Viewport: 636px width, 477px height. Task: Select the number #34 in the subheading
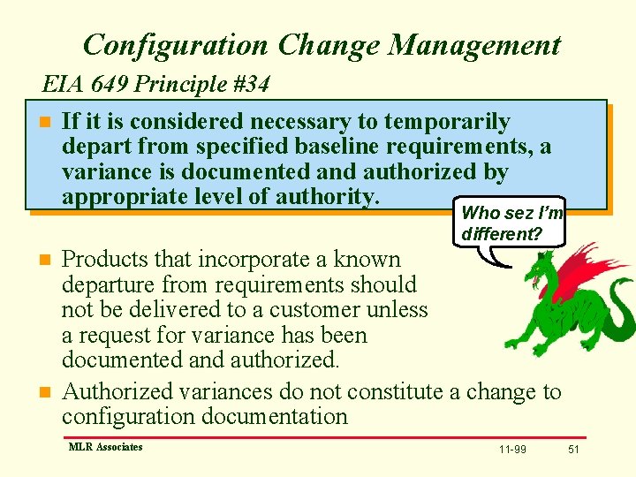251,85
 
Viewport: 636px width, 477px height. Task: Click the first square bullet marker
45,122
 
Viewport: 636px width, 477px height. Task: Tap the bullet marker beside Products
45,261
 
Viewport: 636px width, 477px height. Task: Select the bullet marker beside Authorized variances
45,392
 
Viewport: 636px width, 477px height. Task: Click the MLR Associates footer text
105,447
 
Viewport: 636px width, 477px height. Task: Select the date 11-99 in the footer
512,450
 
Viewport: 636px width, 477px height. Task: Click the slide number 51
573,450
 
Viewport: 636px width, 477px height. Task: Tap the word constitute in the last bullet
392,391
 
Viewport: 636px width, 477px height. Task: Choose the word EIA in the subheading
62,85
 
